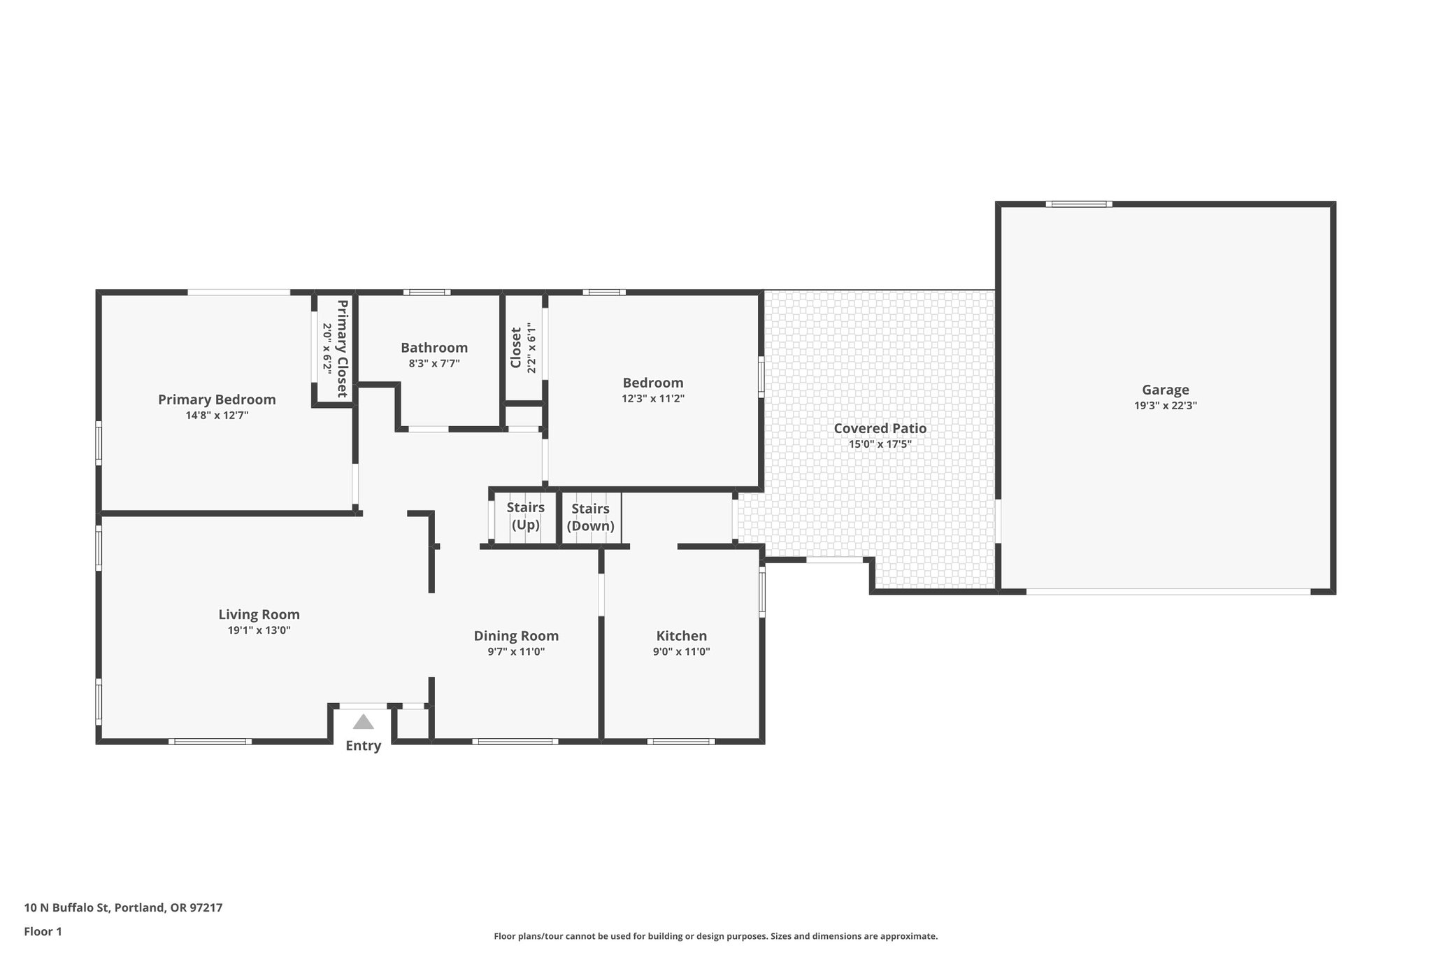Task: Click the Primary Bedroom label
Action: point(217,399)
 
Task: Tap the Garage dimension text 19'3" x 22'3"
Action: point(1165,405)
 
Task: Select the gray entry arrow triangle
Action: point(363,722)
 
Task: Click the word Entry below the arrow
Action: point(363,746)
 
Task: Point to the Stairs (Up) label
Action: point(525,516)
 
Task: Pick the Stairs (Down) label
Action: point(590,517)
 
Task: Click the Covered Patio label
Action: point(880,428)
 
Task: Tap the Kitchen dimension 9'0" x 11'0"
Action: point(681,651)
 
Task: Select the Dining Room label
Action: point(516,636)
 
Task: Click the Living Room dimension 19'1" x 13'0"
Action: point(259,630)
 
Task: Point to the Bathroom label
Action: point(434,348)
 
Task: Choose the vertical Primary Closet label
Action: point(342,348)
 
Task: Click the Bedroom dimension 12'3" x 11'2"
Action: point(652,399)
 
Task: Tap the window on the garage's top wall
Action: point(1079,204)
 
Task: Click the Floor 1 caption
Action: point(43,931)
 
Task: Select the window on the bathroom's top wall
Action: point(427,292)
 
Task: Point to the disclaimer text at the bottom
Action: point(715,936)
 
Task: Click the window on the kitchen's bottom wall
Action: point(680,741)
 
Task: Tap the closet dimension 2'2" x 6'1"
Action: point(532,348)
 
